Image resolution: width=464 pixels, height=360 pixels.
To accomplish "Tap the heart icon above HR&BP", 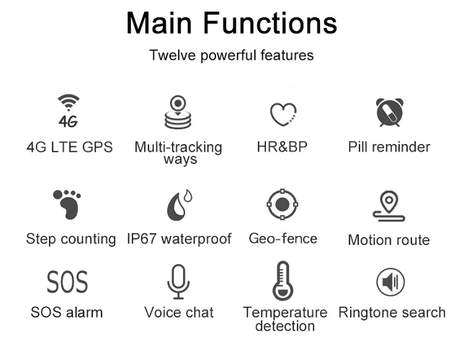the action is coord(283,114).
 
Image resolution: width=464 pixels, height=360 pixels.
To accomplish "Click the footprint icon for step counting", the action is coord(67,205).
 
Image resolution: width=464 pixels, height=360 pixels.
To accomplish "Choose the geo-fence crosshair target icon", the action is coord(282,205).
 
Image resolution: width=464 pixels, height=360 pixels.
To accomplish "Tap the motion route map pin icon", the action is coord(389,206).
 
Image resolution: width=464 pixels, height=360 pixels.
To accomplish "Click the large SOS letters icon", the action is coord(67,282).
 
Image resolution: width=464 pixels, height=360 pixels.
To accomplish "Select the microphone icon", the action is coord(179,282).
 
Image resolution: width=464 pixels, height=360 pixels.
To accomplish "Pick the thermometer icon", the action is coord(283,280).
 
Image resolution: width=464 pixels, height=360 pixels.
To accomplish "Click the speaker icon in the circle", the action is coord(391,282).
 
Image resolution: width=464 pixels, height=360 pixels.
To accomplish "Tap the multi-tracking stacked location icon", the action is coord(179,112).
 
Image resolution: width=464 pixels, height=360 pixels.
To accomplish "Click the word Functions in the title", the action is coord(269,22).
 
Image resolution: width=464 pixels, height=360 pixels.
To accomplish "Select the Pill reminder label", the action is coord(389,147).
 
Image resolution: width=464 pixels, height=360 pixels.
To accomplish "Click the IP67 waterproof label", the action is coord(179,238).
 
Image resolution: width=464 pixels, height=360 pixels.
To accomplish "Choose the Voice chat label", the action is coord(179,312).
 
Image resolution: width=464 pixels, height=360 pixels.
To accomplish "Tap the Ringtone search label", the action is coord(392,312).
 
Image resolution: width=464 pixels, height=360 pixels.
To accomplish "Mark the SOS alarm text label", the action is coord(67,312).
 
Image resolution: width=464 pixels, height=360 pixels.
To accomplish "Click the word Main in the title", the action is coord(159,22).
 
